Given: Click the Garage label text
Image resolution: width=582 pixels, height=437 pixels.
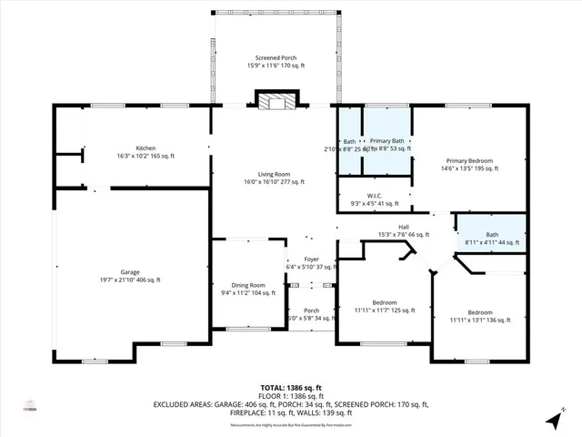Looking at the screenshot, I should (129, 276).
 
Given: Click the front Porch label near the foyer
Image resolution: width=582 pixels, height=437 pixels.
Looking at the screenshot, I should (311, 314).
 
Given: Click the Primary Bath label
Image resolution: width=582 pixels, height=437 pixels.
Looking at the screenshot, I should (386, 144).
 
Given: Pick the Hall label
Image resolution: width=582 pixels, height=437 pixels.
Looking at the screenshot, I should (404, 230).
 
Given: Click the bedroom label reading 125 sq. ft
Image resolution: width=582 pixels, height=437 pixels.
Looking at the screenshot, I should (383, 306).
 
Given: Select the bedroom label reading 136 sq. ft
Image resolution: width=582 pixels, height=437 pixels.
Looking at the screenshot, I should (479, 316).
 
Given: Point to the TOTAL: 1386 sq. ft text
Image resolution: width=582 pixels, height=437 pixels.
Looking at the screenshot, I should (290, 387).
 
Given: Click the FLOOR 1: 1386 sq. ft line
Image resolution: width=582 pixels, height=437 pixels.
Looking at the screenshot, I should (290, 395).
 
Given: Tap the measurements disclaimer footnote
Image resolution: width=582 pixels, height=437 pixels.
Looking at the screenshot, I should (290, 424).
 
